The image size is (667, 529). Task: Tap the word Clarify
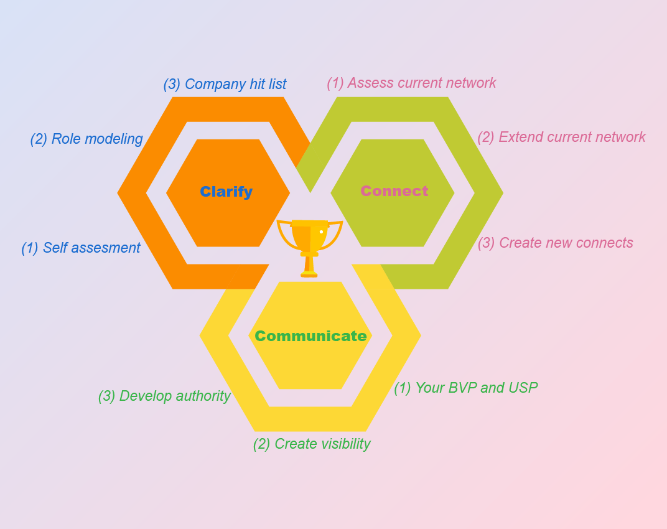click(x=226, y=192)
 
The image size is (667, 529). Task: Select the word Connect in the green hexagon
click(x=394, y=191)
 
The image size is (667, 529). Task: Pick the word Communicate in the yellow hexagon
click(x=310, y=336)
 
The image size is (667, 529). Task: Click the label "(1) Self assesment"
click(x=81, y=248)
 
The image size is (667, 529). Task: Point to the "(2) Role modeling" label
click(x=86, y=139)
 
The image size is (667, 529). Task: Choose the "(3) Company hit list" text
click(x=225, y=84)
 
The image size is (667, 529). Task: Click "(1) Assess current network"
click(x=411, y=83)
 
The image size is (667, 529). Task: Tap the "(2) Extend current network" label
click(x=561, y=137)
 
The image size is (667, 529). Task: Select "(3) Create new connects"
click(x=555, y=243)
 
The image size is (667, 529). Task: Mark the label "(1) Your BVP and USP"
click(x=465, y=388)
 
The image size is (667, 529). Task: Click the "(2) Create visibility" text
click(x=311, y=444)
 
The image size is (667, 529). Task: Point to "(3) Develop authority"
click(x=164, y=396)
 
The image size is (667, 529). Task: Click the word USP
click(x=523, y=388)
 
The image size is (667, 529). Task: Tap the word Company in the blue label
click(x=212, y=84)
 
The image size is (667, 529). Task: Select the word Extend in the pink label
click(x=518, y=137)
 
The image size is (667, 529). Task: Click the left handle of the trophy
click(x=283, y=234)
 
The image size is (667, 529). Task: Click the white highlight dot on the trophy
click(x=321, y=232)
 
